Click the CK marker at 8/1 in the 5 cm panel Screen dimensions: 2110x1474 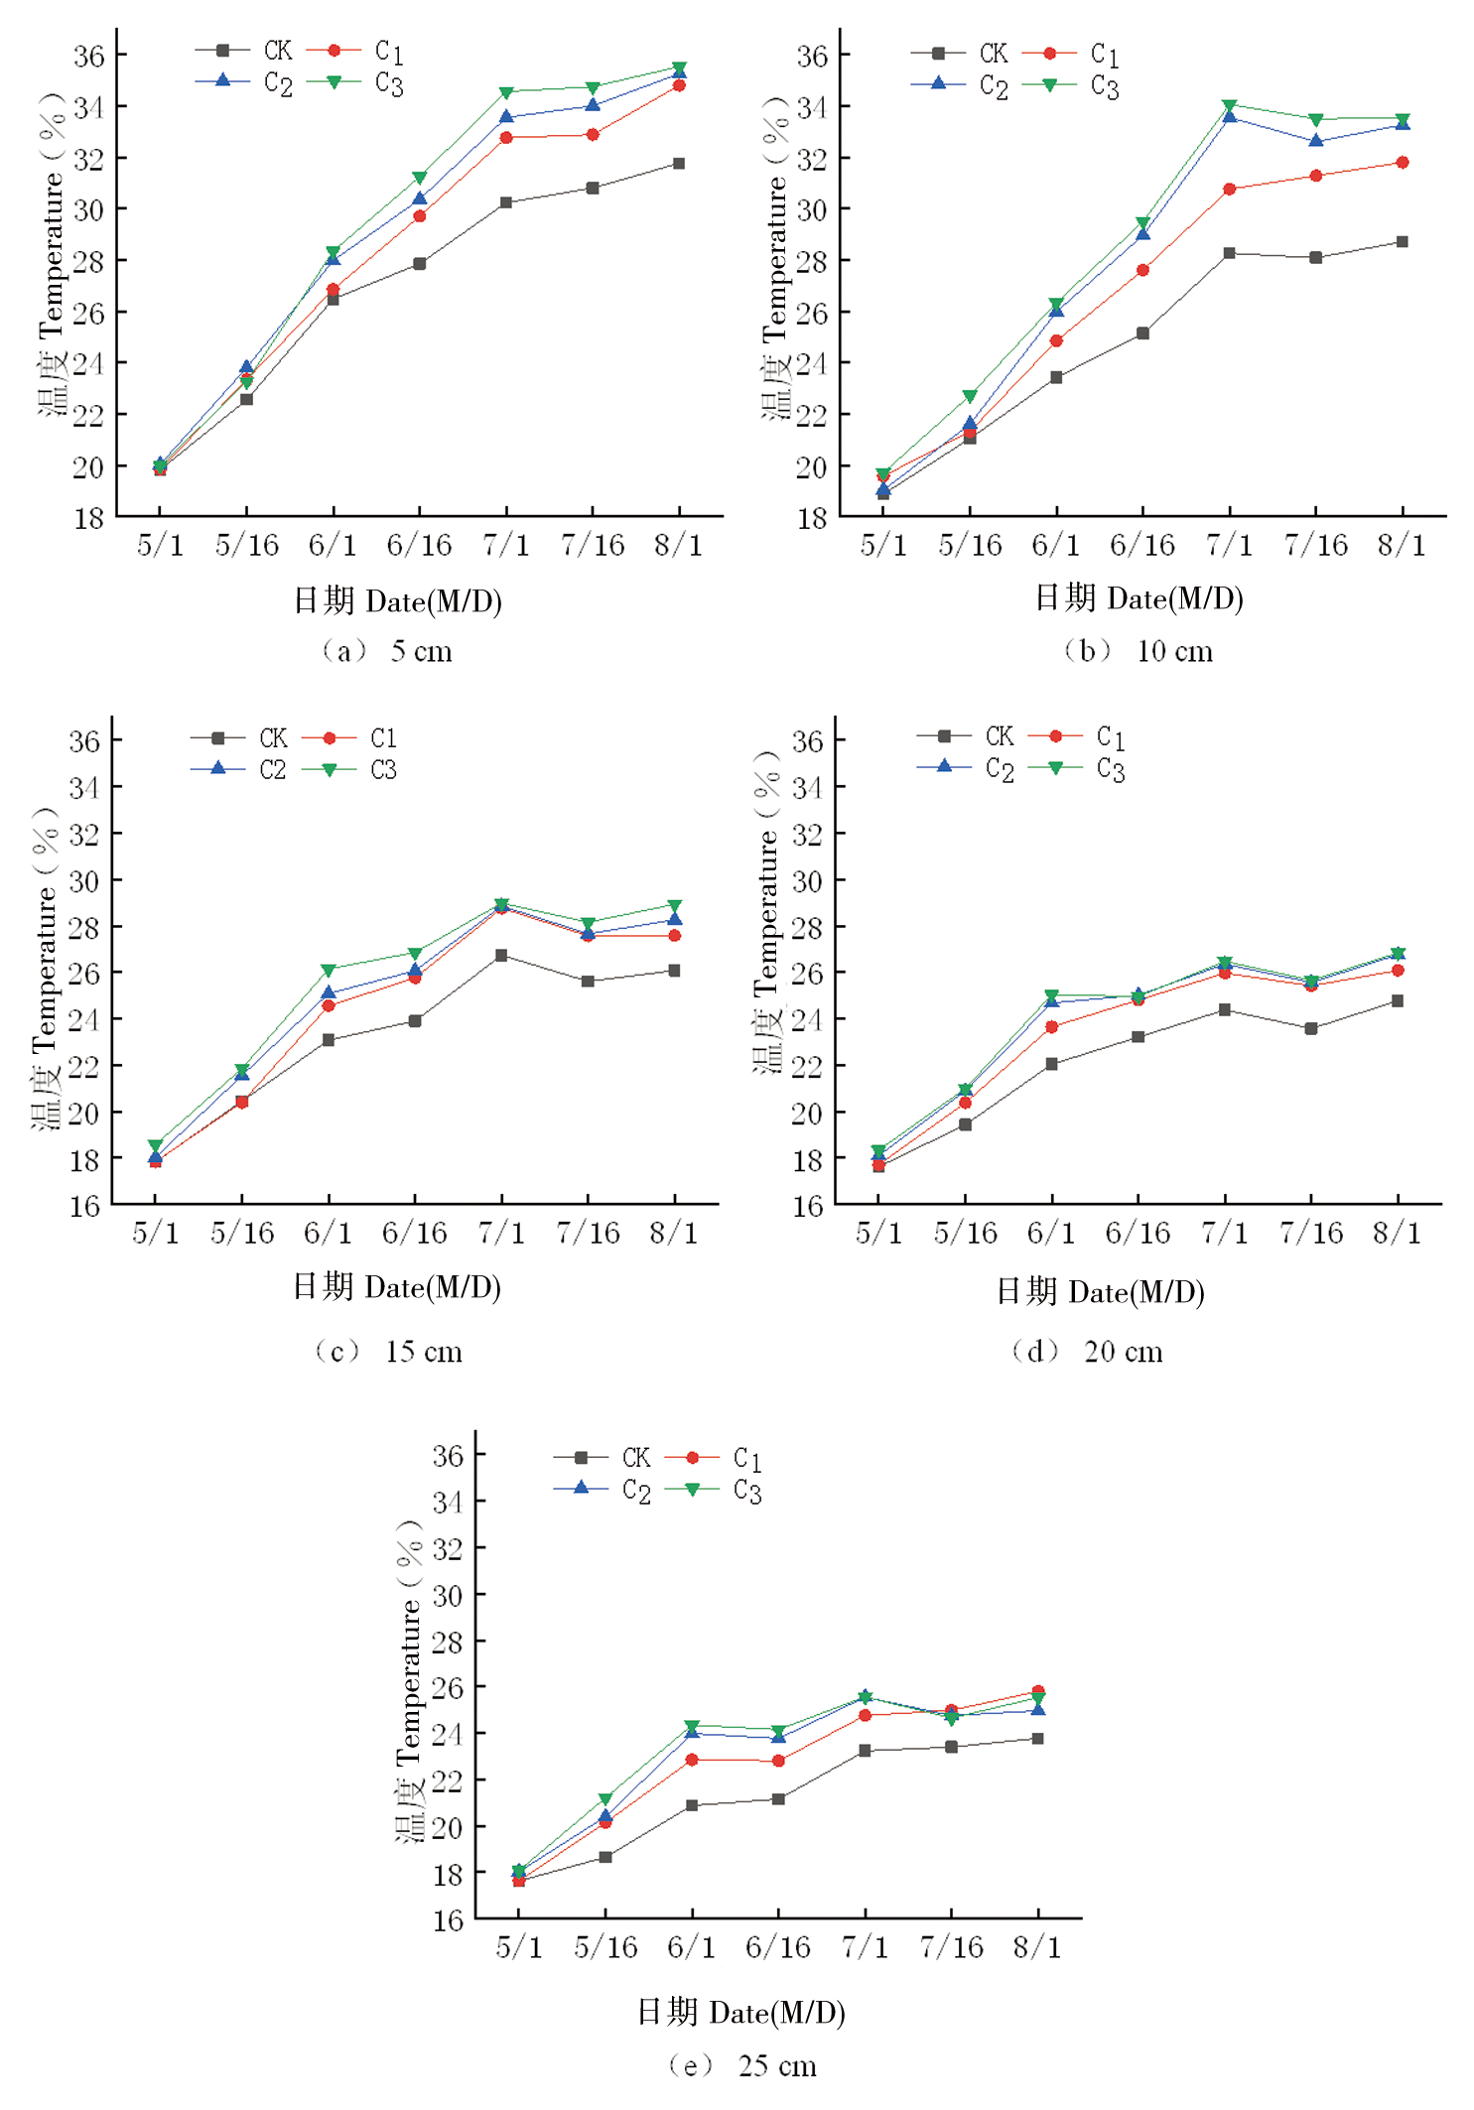(x=679, y=164)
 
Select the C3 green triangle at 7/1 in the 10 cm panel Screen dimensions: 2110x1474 (x=1229, y=105)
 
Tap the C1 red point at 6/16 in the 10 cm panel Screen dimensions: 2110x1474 (x=1142, y=270)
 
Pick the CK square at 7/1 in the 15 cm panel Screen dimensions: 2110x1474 (x=501, y=956)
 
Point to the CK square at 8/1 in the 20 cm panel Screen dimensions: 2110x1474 (x=1397, y=1001)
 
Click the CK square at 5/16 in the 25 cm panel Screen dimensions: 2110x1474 (x=605, y=1857)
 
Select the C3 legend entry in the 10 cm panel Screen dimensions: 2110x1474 (x=1077, y=86)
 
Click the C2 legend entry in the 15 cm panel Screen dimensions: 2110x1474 (x=239, y=770)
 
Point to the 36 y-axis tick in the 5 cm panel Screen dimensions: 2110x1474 (x=88, y=56)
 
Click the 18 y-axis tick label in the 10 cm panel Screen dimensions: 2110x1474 (x=812, y=518)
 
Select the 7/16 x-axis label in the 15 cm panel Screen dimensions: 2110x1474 (x=588, y=1234)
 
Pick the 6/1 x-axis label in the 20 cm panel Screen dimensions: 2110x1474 (x=1051, y=1234)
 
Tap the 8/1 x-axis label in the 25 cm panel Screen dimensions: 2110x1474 (x=1037, y=1947)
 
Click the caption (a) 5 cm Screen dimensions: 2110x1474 (x=387, y=651)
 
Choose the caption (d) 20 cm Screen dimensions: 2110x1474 (x=1087, y=1352)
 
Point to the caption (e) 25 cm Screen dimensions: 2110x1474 (x=742, y=2066)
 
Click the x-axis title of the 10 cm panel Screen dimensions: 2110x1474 (x=1139, y=598)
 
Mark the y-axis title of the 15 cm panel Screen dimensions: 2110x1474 (x=46, y=968)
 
